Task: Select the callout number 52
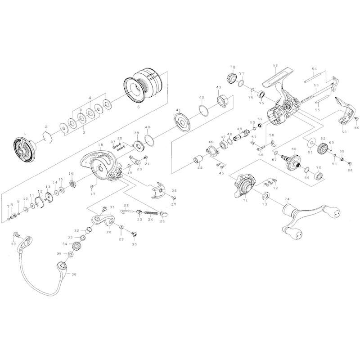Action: click(275, 65)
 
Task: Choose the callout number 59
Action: click(344, 132)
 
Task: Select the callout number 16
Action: click(71, 174)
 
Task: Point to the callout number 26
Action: click(174, 191)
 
